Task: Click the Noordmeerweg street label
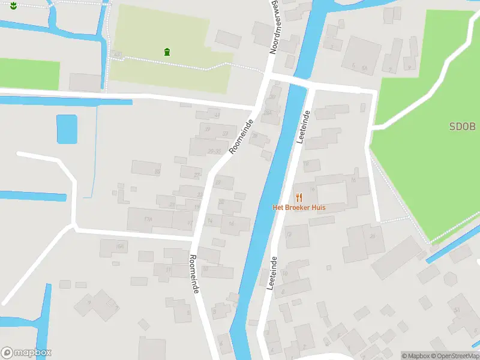pyautogui.click(x=275, y=27)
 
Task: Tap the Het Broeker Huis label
pyautogui.click(x=299, y=208)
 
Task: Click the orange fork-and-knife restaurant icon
pyautogui.click(x=299, y=197)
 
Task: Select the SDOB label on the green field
pyautogui.click(x=462, y=127)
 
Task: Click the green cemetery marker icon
pyautogui.click(x=166, y=52)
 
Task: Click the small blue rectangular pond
pyautogui.click(x=67, y=129)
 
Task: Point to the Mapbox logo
pyautogui.click(x=26, y=353)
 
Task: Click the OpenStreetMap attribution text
pyautogui.click(x=454, y=356)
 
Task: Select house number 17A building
pyautogui.click(x=148, y=220)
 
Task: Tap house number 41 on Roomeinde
pyautogui.click(x=217, y=114)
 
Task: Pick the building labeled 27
pyautogui.click(x=197, y=175)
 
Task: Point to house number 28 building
pyautogui.click(x=255, y=136)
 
